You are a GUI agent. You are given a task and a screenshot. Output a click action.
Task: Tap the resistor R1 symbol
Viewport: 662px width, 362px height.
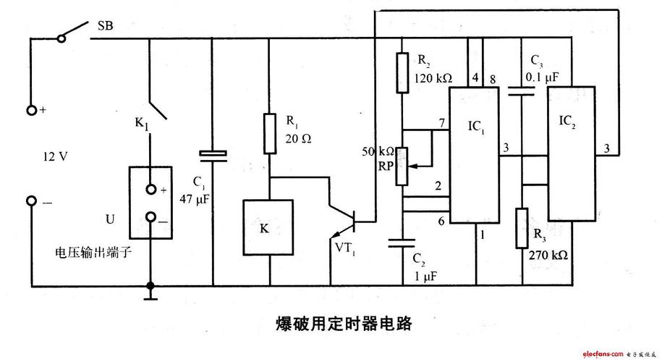pyautogui.click(x=269, y=132)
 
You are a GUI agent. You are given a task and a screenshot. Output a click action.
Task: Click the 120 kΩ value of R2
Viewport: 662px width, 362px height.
pyautogui.click(x=433, y=77)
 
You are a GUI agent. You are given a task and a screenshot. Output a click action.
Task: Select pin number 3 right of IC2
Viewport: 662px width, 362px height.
pyautogui.click(x=608, y=148)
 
